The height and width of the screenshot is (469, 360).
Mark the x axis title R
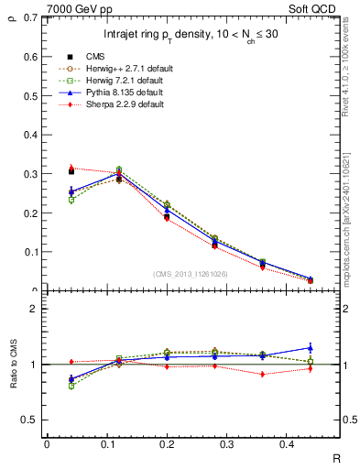[338, 456]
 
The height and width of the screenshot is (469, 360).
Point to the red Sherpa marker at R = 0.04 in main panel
[72, 169]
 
